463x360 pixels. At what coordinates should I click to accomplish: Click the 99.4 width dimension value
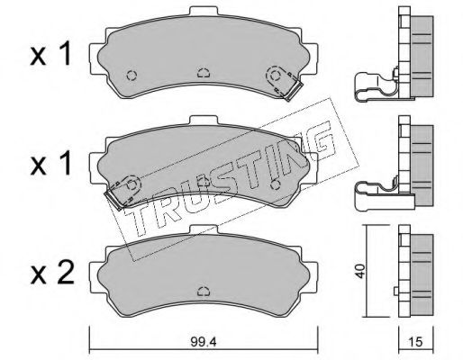pos(204,342)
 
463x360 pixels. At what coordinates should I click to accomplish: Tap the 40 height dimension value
pos(360,271)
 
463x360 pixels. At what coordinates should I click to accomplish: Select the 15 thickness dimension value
pos(416,342)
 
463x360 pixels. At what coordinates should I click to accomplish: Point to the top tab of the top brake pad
pos(204,11)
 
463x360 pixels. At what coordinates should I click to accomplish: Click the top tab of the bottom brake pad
pos(204,229)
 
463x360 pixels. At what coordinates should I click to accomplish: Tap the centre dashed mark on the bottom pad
pos(204,292)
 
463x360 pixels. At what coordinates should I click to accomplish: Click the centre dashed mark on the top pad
pos(204,73)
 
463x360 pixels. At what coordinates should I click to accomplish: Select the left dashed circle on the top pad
pos(132,75)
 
